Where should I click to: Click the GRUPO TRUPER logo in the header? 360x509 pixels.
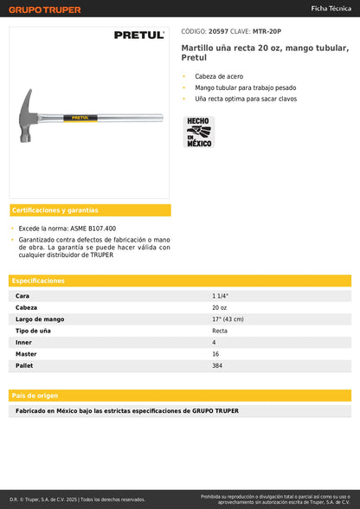pos(45,10)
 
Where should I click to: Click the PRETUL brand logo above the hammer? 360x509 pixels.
pos(139,35)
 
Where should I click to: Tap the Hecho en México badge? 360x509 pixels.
pos(199,132)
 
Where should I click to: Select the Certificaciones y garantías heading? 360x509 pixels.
pos(55,210)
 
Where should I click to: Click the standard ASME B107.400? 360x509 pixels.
pos(97,229)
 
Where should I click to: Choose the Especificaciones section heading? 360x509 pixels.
pos(38,280)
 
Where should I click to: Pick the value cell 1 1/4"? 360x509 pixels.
pos(221,296)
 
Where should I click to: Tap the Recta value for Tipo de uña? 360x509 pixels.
pos(221,331)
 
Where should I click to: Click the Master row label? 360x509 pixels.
pos(26,354)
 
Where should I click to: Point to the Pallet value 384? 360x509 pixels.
pos(218,366)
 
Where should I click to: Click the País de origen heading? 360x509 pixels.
pos(35,395)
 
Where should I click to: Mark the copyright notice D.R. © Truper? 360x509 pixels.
pos(78,499)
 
